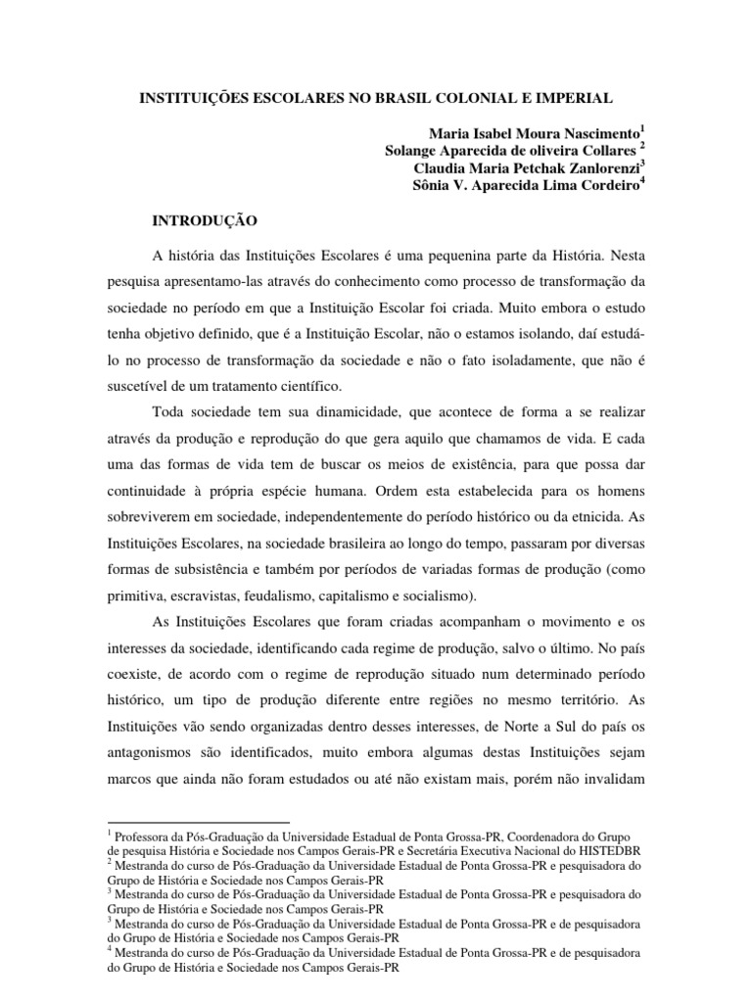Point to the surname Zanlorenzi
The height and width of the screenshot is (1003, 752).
(598, 167)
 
